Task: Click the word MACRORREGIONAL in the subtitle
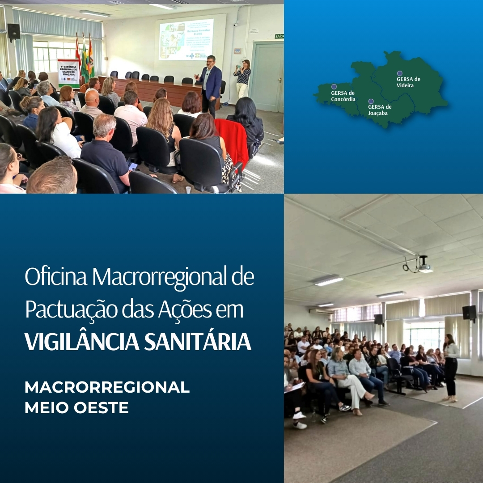coord(107,387)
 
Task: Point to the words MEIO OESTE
coord(76,408)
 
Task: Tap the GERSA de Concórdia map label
coord(343,96)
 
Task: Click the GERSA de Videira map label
coord(408,82)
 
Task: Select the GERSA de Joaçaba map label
coord(380,110)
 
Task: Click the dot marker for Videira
coord(399,73)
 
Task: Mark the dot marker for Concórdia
coord(334,87)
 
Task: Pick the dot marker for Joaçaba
coord(371,102)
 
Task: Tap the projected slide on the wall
coord(186,39)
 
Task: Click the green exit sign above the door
coord(279,36)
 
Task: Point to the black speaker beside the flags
coord(13,32)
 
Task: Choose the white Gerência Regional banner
coord(68,73)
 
